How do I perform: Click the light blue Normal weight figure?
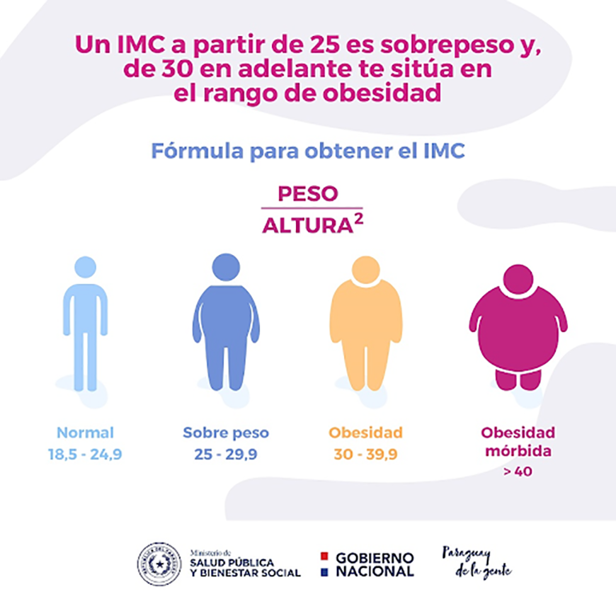pos(85,326)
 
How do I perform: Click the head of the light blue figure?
pos(85,267)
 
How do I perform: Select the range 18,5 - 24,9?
pos(85,455)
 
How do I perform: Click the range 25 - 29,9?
pos(226,455)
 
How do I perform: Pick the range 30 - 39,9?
pos(365,455)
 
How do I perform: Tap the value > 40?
pos(518,471)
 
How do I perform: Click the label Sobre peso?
pos(226,433)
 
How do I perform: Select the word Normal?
pos(85,433)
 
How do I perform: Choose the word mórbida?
pos(518,451)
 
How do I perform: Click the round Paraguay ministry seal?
pos(159,564)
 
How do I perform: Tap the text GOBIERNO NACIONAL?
pos(375,564)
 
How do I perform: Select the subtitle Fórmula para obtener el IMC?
pos(308,151)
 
